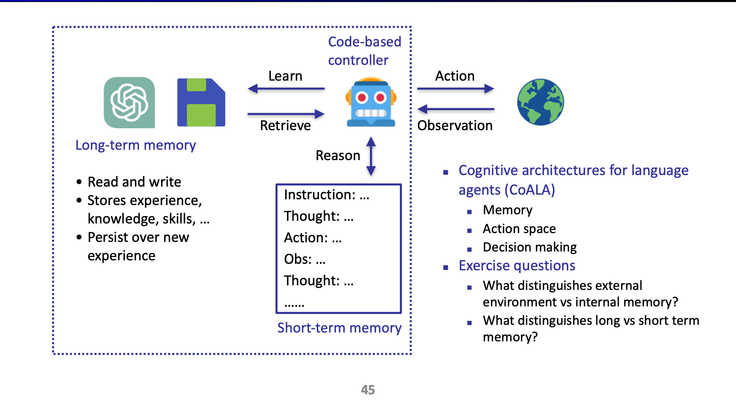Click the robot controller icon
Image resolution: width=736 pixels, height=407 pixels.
point(371,103)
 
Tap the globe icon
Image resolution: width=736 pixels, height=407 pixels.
point(540,102)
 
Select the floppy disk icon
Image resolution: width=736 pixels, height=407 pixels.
point(201,103)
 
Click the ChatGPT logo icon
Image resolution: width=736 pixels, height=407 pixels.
point(129,103)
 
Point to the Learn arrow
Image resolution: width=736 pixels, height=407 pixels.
point(286,89)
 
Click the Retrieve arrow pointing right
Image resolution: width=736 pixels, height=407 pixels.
point(286,114)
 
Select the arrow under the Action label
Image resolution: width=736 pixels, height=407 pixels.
point(455,89)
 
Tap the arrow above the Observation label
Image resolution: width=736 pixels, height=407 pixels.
point(455,109)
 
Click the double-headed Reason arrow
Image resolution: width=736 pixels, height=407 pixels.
point(371,156)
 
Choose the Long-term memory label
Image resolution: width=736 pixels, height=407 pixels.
point(135,145)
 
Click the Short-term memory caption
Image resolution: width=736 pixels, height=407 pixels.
point(339,328)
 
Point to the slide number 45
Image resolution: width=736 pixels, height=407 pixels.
point(368,390)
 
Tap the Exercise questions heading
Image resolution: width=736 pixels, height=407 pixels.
point(517,266)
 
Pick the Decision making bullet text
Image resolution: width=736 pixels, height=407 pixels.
point(530,247)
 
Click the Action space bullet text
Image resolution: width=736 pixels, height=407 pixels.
point(519,229)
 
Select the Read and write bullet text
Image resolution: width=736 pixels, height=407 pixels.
point(134,182)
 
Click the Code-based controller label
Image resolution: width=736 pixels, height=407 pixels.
point(364,51)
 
